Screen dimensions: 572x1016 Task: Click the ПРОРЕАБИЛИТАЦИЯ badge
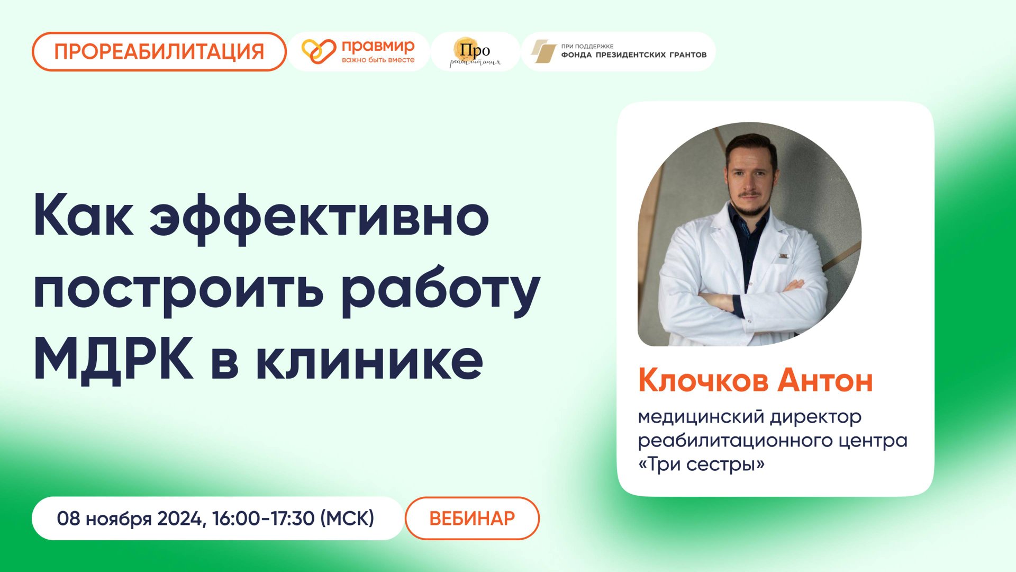tap(159, 51)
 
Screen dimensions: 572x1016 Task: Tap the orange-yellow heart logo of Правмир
tap(319, 51)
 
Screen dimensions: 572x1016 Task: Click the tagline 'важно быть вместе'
tap(378, 60)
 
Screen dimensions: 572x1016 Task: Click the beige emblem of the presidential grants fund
tap(543, 51)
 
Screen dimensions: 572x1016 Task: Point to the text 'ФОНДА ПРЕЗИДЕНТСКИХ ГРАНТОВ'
tap(633, 55)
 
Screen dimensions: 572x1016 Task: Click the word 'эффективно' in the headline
tap(319, 218)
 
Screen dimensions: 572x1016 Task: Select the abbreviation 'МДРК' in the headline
tap(113, 360)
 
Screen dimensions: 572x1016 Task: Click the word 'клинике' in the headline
tap(370, 360)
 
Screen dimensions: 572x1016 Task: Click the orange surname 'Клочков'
tap(703, 381)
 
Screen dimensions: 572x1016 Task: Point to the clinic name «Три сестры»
tap(701, 464)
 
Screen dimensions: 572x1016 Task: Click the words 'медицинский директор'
tap(749, 417)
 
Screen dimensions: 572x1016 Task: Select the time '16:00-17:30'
tap(264, 518)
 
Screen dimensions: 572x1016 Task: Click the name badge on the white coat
tap(784, 257)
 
